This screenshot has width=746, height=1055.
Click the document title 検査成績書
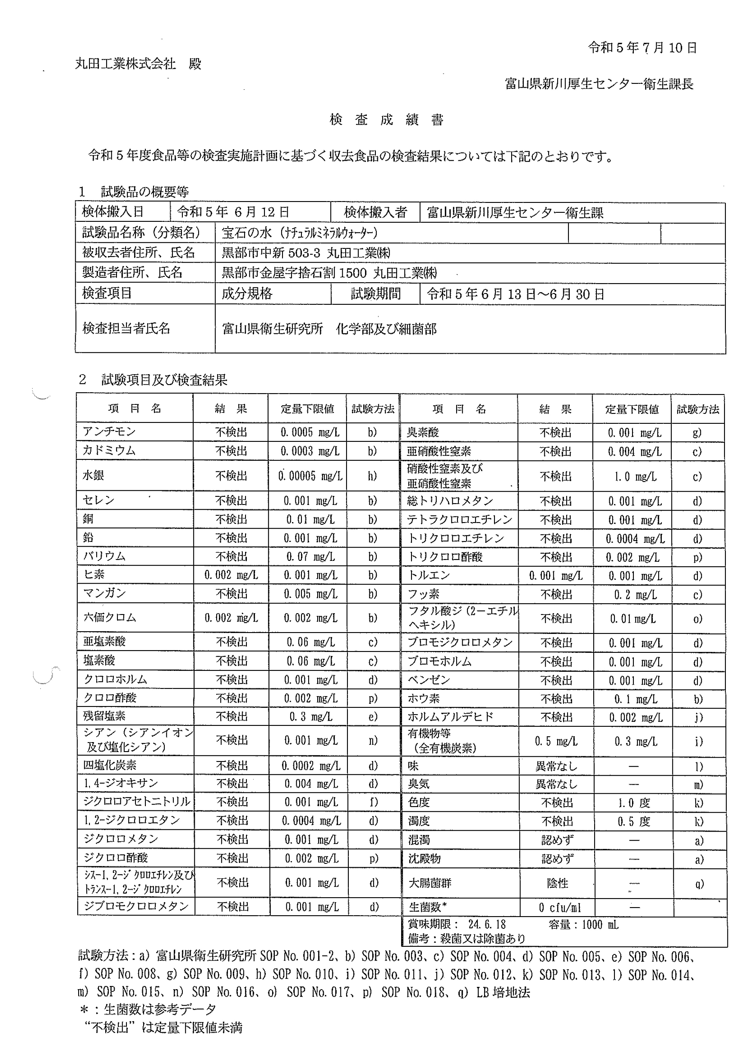tap(386, 120)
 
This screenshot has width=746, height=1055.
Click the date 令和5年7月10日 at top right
tap(642, 48)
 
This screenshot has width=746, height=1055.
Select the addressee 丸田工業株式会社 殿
tap(138, 64)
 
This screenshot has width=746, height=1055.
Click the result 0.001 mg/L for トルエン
tap(555, 576)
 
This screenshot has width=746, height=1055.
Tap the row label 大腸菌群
tap(430, 883)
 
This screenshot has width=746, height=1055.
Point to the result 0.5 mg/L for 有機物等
tap(556, 741)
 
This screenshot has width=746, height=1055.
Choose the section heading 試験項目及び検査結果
tap(164, 380)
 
